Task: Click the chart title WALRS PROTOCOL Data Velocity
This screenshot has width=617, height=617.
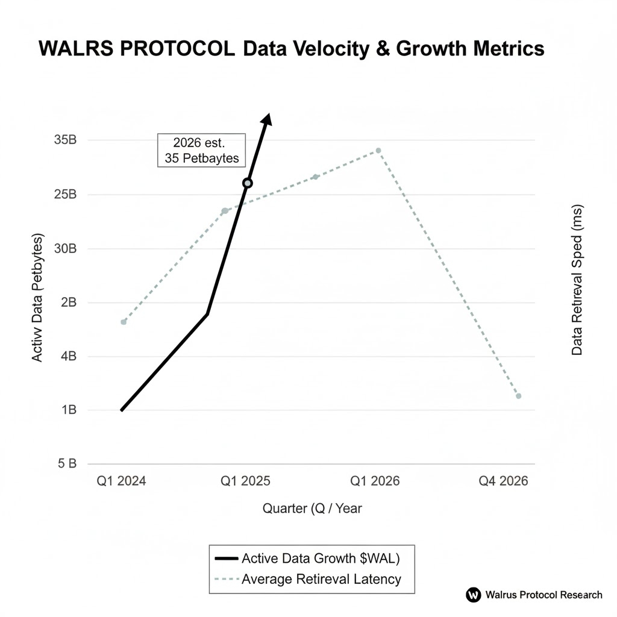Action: coord(292,49)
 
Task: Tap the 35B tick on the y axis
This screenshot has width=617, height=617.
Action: coord(65,140)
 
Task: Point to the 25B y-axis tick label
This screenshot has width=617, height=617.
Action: coord(65,195)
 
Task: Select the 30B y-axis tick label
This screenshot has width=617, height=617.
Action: coord(65,248)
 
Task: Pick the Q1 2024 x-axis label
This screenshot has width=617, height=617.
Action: coord(121,481)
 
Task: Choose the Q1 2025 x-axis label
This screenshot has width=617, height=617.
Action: coord(245,481)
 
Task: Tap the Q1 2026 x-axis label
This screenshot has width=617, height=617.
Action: coord(374,481)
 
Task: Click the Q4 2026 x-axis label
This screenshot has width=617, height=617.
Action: coord(503,481)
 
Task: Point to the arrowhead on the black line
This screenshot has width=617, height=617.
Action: coord(267,119)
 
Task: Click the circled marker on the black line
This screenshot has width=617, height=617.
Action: coord(247,183)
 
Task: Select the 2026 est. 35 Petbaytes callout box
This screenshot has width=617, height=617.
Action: coord(201,151)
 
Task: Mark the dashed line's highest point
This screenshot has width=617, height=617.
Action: coord(378,150)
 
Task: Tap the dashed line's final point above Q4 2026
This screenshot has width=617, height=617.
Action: coord(518,396)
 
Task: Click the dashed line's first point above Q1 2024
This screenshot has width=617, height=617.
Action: coord(124,322)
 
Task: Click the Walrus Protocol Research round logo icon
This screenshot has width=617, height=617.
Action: coord(473,595)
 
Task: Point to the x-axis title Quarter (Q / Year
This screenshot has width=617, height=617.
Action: coord(312,509)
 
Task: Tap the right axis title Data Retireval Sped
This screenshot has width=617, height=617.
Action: coord(577,280)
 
